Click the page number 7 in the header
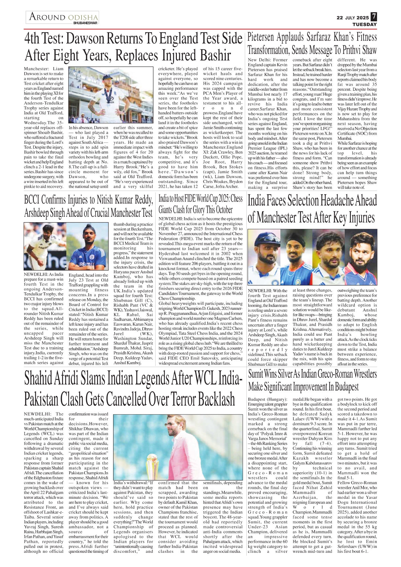tap(374, 16)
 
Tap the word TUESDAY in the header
tap(364, 24)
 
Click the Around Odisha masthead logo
tap(63, 17)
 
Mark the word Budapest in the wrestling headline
tap(346, 387)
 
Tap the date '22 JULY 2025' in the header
tap(352, 18)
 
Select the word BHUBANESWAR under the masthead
tap(85, 23)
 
